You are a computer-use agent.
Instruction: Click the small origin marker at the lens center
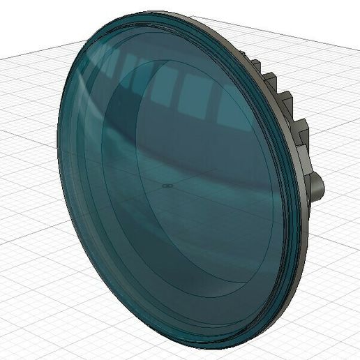(x=167, y=186)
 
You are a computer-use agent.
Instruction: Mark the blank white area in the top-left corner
(x=28, y=21)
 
